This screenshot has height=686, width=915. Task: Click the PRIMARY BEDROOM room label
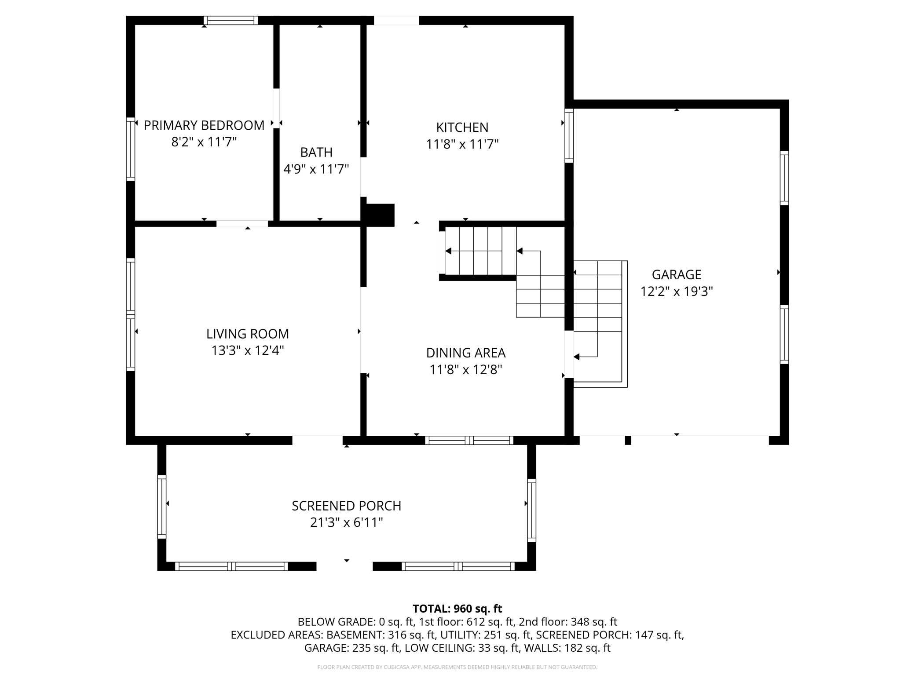[x=204, y=125]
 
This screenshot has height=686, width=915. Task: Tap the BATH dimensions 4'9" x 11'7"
[x=316, y=169]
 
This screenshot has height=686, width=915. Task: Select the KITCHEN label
[x=462, y=128]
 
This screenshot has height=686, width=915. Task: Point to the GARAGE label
[x=676, y=275]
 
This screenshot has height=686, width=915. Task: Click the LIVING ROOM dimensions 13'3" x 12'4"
[x=248, y=350]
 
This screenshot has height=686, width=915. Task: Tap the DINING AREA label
[x=466, y=353]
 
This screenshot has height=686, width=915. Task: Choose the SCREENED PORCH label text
[x=347, y=506]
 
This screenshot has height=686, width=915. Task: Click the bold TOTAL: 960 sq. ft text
[x=457, y=609]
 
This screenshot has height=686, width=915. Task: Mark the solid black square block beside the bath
[x=380, y=215]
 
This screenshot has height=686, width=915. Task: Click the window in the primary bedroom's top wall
[x=231, y=20]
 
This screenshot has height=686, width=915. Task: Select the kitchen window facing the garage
[x=569, y=135]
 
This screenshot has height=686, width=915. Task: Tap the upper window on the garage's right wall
[x=784, y=178]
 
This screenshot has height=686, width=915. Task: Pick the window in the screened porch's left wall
[x=162, y=507]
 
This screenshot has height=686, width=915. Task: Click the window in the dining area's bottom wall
[x=469, y=440]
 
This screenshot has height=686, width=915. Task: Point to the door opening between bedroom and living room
[x=242, y=224]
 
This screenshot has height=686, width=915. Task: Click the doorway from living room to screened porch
[x=317, y=440]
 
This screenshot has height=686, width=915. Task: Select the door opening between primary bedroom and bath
[x=276, y=108]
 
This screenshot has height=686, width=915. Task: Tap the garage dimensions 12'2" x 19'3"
[x=676, y=292]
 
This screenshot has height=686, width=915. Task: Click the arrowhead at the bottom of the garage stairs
[x=576, y=357]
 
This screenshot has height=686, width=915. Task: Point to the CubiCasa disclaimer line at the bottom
[x=457, y=667]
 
